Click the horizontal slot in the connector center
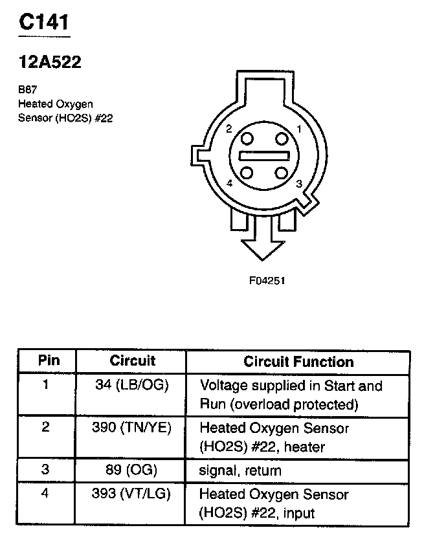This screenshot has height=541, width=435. pos(263,156)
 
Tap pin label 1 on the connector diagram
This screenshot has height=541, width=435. pos(298,128)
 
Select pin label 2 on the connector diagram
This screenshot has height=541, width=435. pos(229,129)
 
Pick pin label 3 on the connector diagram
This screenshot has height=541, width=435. pos(298,184)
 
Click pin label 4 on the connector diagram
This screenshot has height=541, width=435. pos(229,184)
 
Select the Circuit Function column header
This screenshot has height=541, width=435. pos(298,362)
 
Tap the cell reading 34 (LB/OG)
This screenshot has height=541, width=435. pos(131,386)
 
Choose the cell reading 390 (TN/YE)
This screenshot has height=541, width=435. pos(131,428)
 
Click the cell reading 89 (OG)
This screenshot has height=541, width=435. pos(131,470)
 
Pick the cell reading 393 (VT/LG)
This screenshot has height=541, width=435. pos(131,494)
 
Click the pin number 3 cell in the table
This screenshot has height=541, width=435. pos(45,470)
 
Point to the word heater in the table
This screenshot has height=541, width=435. pos(303,447)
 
